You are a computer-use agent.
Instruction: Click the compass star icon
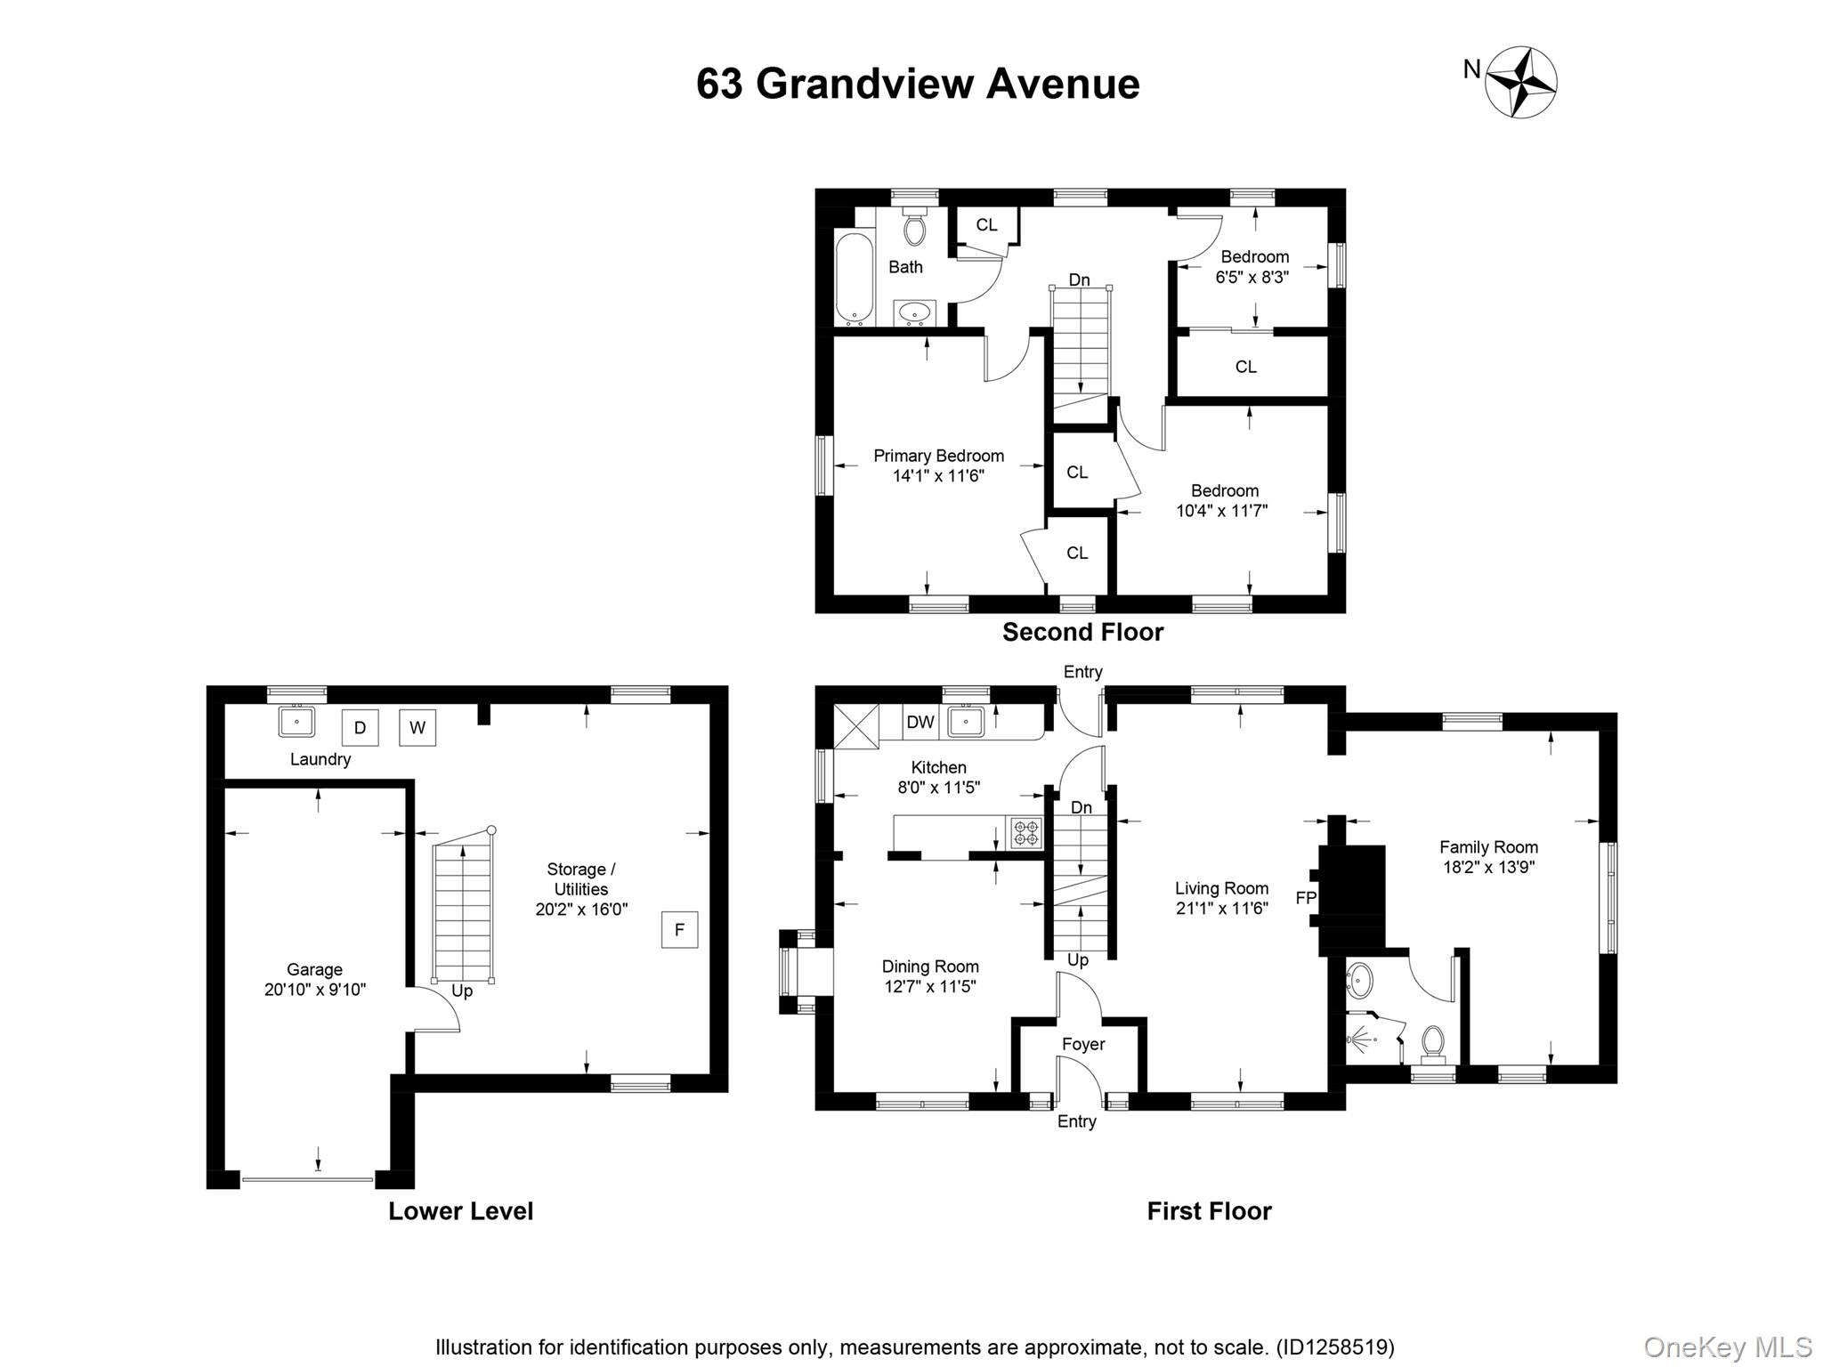(1521, 83)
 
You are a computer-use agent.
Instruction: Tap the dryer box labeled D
(360, 727)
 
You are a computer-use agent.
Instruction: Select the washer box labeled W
(417, 727)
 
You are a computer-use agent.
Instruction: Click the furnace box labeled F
(679, 930)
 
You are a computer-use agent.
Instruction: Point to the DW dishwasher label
(920, 722)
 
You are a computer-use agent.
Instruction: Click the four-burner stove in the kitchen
(1025, 833)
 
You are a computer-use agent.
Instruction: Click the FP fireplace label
(1305, 898)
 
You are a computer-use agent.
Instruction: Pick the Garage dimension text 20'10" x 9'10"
(314, 990)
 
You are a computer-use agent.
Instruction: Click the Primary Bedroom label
(938, 456)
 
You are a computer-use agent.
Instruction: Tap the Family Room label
(1488, 847)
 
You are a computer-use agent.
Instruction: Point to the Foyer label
(1082, 1044)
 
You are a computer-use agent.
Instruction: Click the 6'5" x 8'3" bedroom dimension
(1252, 277)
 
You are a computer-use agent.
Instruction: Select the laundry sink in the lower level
(296, 721)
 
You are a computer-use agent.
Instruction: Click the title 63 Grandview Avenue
(917, 84)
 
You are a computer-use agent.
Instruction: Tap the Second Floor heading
(1082, 632)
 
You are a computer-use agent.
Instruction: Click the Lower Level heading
(460, 1211)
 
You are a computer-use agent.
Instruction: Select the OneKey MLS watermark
(1727, 1347)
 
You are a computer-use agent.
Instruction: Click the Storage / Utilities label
(580, 878)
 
